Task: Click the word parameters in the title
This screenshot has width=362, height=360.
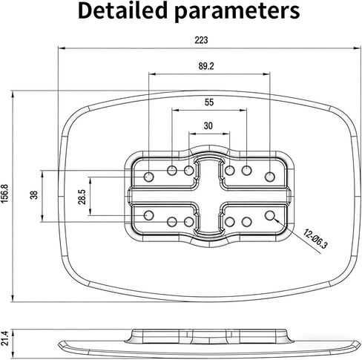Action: point(237,12)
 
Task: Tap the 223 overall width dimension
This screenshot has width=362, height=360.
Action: point(201,40)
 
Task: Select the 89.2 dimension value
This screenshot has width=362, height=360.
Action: point(206,66)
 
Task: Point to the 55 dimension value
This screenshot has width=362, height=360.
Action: point(209,102)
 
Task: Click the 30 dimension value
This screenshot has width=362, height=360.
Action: point(208,125)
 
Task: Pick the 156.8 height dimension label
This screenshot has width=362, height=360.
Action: point(4,194)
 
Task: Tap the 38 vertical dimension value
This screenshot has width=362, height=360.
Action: point(34,195)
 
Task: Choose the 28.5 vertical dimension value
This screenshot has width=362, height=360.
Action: point(82,197)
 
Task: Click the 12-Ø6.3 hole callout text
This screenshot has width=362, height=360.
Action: point(315,239)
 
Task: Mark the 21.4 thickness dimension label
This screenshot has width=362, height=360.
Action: point(4,338)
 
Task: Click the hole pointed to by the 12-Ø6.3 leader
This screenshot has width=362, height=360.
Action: point(270,215)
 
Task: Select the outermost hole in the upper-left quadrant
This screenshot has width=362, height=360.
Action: point(149,177)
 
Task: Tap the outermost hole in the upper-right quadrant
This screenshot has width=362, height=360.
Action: point(270,177)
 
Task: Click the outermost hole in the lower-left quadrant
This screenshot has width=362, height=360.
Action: point(149,215)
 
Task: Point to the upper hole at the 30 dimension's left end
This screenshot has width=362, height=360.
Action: point(189,170)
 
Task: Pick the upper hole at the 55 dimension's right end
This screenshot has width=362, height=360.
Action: point(246,171)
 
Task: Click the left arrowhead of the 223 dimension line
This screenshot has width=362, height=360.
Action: point(62,48)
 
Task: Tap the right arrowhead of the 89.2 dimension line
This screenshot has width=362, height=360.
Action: point(266,73)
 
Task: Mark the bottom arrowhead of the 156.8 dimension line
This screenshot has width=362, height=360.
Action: point(13,298)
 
